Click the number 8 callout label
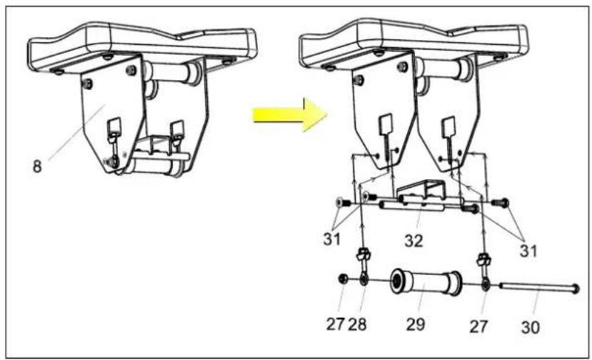pyautogui.click(x=37, y=166)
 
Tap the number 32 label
pyautogui.click(x=413, y=240)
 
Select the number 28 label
pyautogui.click(x=357, y=324)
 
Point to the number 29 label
pyautogui.click(x=416, y=324)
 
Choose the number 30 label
pyautogui.click(x=530, y=327)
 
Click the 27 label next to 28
pyautogui.click(x=335, y=324)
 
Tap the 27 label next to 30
pyautogui.click(x=478, y=326)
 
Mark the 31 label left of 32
pyautogui.click(x=331, y=239)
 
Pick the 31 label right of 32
pyautogui.click(x=528, y=250)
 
